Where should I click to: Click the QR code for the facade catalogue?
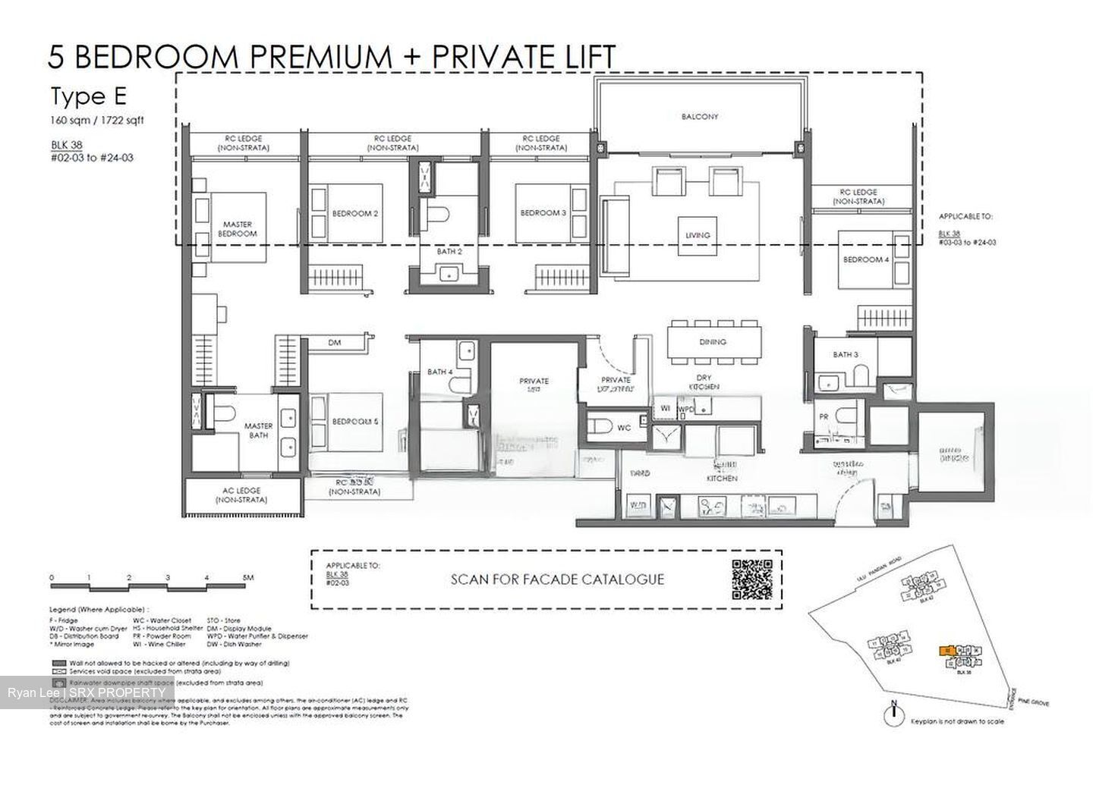[x=752, y=579]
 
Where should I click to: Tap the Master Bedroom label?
[x=237, y=229]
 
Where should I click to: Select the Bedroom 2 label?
[x=355, y=214]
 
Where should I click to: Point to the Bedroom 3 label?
[x=543, y=213]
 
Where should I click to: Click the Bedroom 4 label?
[x=865, y=260]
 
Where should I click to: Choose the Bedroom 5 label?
[x=354, y=420]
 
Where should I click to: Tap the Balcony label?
[x=699, y=117]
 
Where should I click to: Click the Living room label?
[x=698, y=235]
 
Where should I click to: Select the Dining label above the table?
[x=713, y=342]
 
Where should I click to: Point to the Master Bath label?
[x=258, y=431]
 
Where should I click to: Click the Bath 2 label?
[x=449, y=251]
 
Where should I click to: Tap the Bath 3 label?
[x=845, y=354]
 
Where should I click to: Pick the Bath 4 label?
[x=439, y=372]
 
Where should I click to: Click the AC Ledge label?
[x=240, y=495]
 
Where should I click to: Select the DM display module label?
[x=335, y=343]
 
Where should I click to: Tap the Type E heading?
[x=88, y=97]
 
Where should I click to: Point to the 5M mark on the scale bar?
[x=247, y=578]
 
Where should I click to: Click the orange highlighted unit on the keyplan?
[x=946, y=651]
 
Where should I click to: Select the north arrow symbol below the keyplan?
[x=894, y=711]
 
